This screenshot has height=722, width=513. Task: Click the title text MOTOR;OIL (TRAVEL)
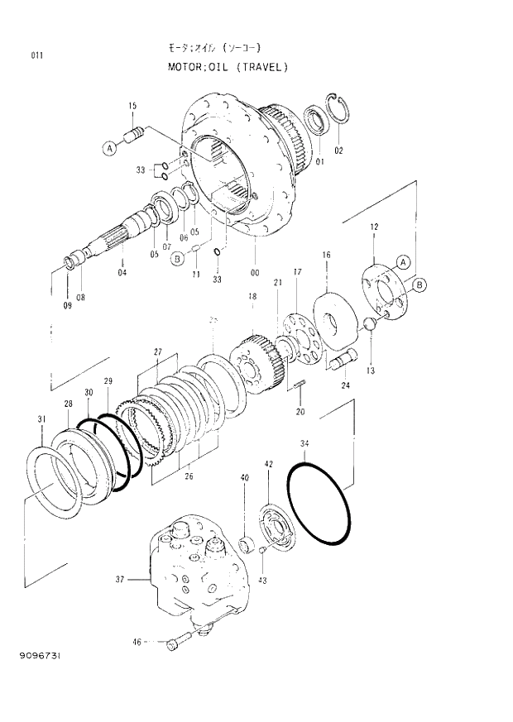pyautogui.click(x=223, y=67)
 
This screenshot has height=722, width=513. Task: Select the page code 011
pyautogui.click(x=36, y=55)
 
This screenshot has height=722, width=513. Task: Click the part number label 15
pyautogui.click(x=132, y=105)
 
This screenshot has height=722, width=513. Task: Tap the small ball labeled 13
pyautogui.click(x=369, y=323)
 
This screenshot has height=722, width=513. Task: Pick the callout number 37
pyautogui.click(x=119, y=580)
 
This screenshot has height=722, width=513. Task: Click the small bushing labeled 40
pyautogui.click(x=245, y=544)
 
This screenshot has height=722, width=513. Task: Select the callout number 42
pyautogui.click(x=268, y=465)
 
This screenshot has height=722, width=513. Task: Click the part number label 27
pyautogui.click(x=157, y=351)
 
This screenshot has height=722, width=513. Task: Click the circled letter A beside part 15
pyautogui.click(x=110, y=148)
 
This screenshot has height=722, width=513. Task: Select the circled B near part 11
pyautogui.click(x=176, y=259)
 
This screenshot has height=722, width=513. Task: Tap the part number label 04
pyautogui.click(x=122, y=272)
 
